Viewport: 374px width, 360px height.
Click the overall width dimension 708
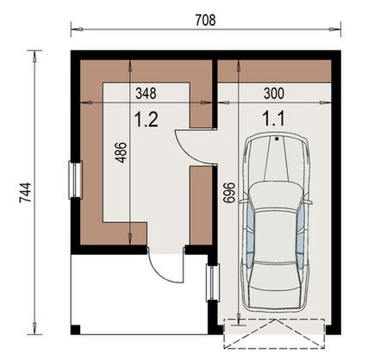(204, 18)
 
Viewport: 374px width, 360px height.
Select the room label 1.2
(146, 121)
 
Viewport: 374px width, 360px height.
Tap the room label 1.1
(273, 121)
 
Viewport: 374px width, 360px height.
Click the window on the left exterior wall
(75, 180)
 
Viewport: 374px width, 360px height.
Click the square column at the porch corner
(77, 329)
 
